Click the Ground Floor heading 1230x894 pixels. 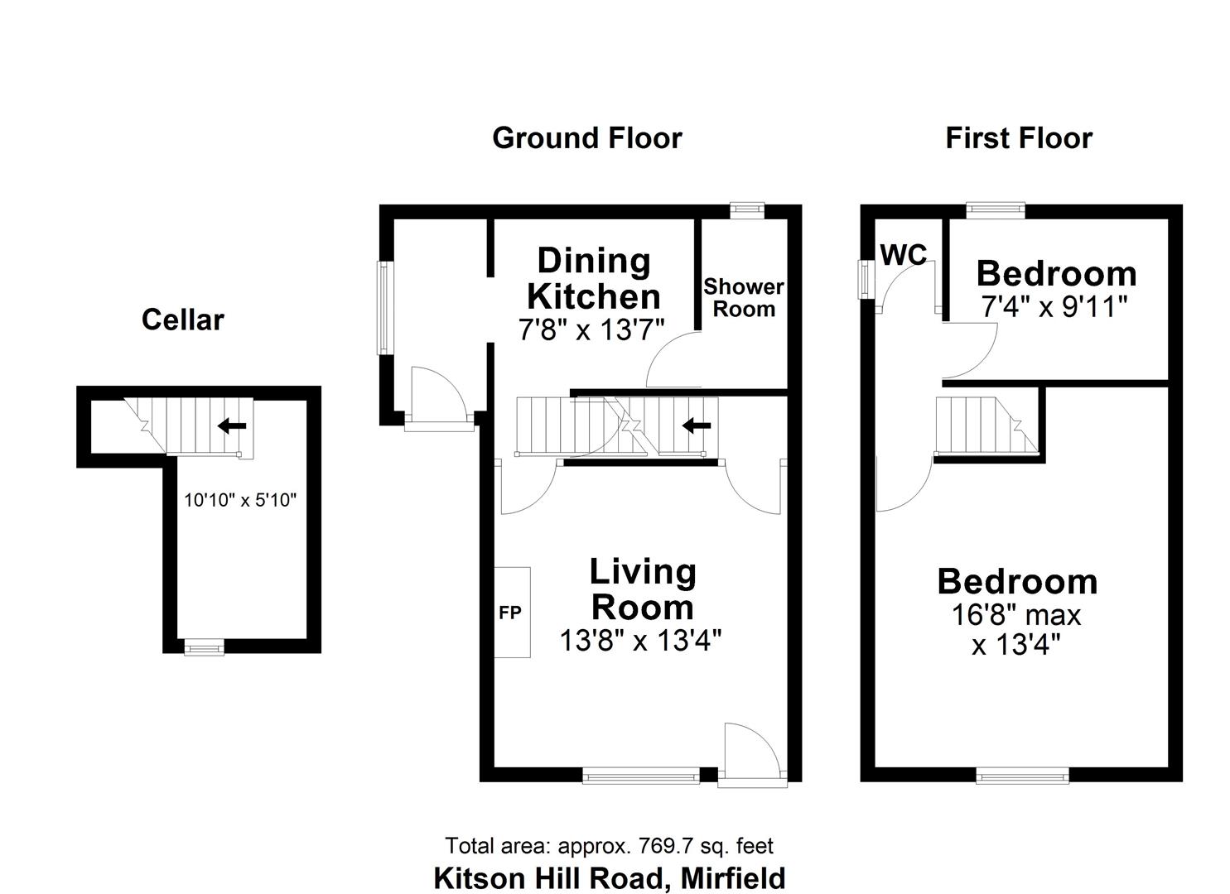coord(586,137)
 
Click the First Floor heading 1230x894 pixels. coord(1018,137)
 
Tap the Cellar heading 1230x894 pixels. coord(182,320)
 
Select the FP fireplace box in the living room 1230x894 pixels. coord(512,613)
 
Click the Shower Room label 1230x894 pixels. coord(743,298)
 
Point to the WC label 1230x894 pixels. coord(903,255)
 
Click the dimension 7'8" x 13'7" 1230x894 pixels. coord(591,330)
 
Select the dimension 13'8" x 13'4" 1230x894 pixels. coord(640,641)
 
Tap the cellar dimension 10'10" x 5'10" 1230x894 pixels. coord(240,500)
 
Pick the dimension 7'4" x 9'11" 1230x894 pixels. coord(1054,307)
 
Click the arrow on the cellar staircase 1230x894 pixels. coord(232,426)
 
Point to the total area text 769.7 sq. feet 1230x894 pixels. coord(609,846)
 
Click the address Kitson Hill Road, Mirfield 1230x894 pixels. coord(609,877)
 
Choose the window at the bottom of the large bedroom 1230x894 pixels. coord(1022,775)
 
